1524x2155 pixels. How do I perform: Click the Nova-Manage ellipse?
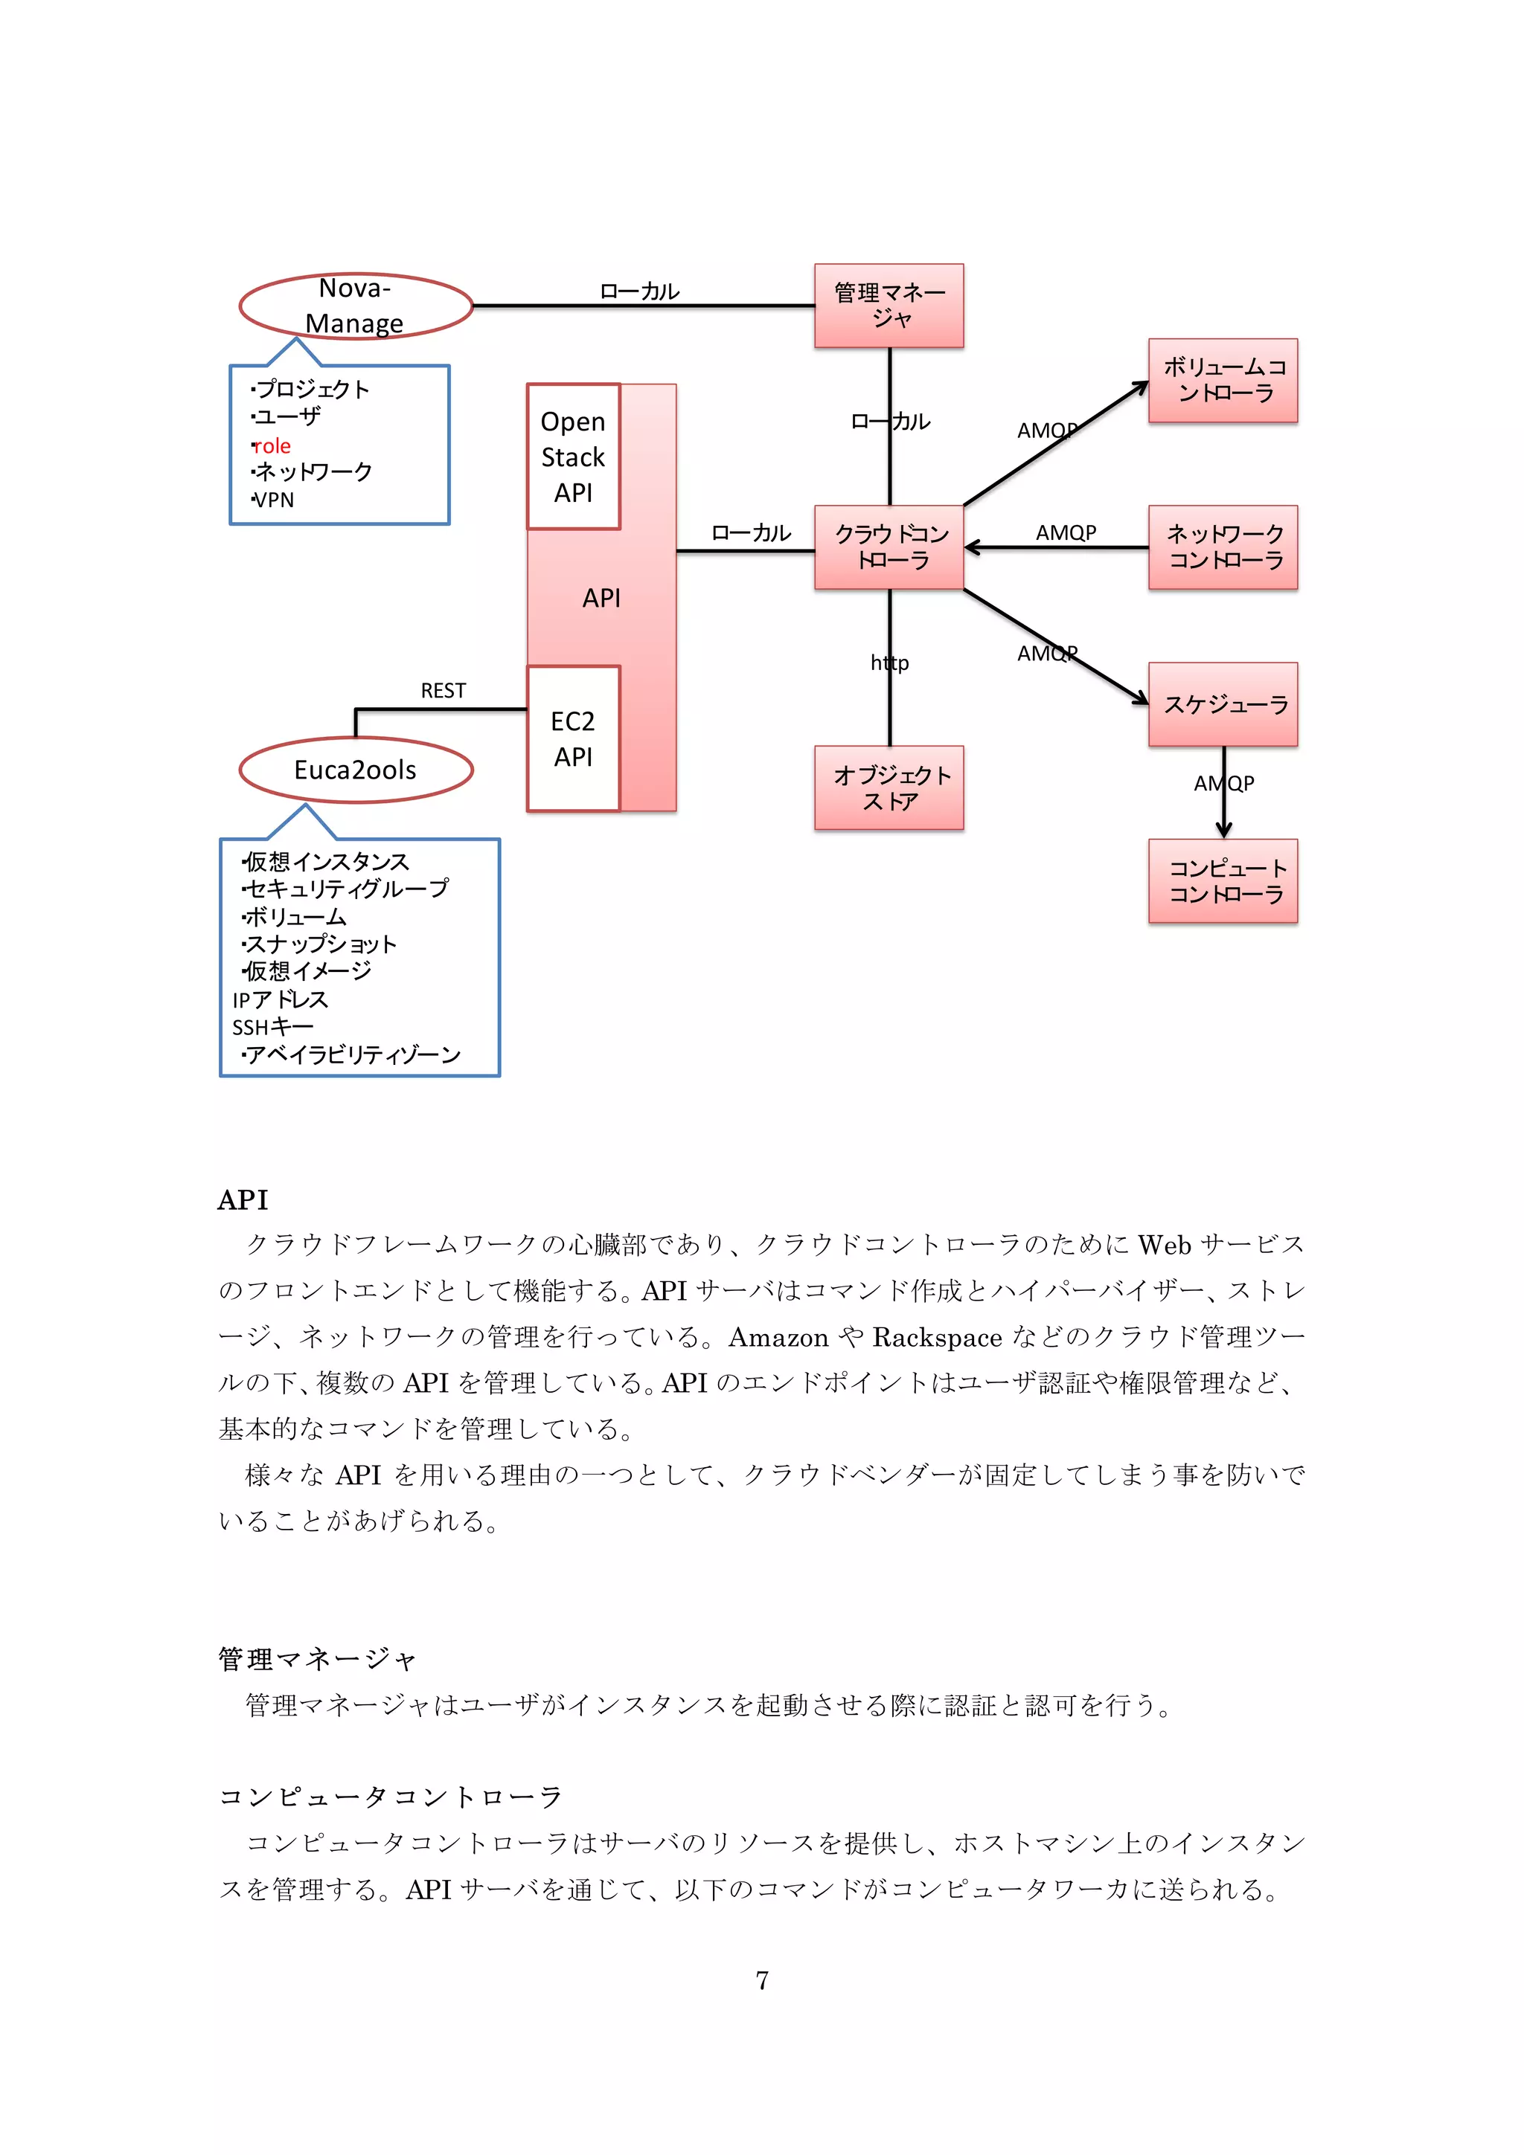(355, 306)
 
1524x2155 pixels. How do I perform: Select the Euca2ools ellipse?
(355, 770)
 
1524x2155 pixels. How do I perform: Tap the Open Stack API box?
(573, 457)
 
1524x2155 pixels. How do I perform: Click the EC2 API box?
(573, 738)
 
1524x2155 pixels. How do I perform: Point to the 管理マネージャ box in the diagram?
(889, 306)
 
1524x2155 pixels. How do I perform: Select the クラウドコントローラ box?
(889, 547)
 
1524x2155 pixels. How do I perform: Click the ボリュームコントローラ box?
(1223, 380)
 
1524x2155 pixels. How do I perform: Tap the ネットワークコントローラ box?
(1223, 547)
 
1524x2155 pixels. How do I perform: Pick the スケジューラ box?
(1223, 705)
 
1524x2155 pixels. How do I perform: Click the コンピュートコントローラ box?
(1223, 881)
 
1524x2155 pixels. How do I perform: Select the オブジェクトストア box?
(889, 787)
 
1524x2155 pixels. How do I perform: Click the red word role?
(272, 446)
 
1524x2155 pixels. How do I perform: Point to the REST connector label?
(444, 691)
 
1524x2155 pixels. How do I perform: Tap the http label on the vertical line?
(889, 663)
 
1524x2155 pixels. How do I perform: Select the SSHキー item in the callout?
(272, 1027)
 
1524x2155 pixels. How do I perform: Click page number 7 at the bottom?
(761, 1980)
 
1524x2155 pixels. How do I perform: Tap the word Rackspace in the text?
(937, 1336)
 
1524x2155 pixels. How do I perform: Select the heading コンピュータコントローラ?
(390, 1797)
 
